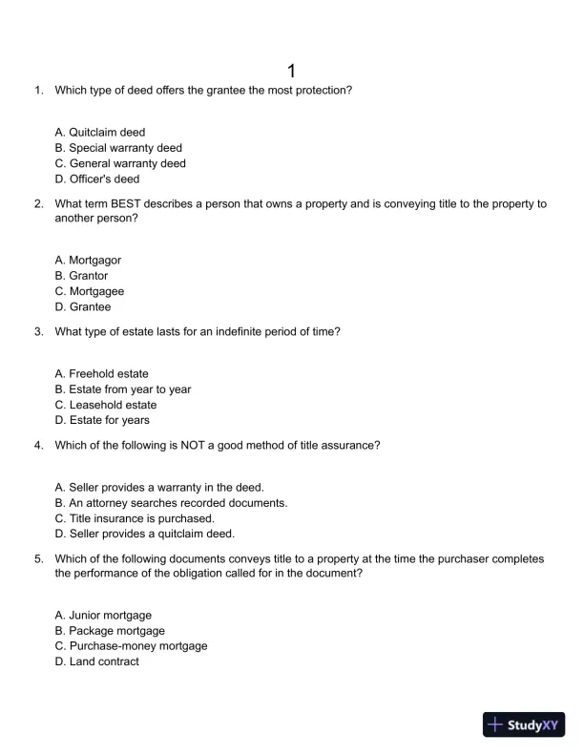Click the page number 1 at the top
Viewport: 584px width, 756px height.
[292, 72]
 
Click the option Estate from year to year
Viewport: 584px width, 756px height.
[123, 389]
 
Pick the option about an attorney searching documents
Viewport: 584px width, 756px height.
[171, 503]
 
